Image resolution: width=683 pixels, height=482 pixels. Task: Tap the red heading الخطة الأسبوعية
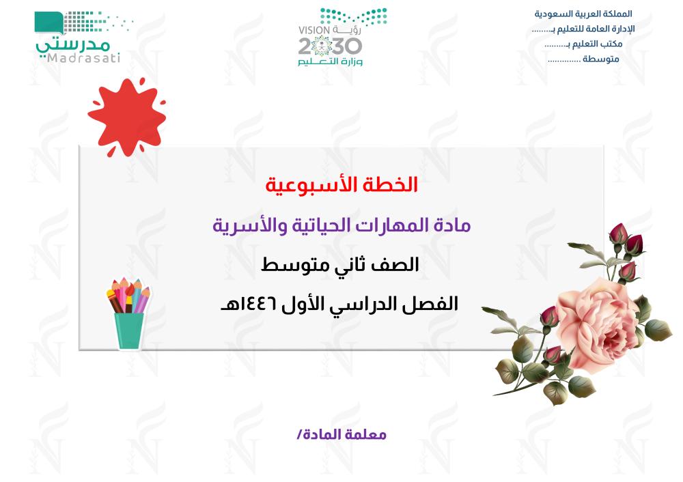(341, 185)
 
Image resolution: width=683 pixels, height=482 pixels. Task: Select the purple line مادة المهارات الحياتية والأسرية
(341, 225)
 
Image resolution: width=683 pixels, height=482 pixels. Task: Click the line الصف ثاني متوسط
(340, 265)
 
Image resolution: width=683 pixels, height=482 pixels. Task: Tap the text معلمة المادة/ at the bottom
(341, 434)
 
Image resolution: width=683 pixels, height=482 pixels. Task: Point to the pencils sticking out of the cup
(128, 296)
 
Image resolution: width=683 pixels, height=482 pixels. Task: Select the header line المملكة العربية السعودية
(583, 14)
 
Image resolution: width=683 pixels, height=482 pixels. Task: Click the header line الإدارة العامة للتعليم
(583, 29)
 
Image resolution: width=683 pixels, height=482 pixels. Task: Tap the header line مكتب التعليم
(583, 44)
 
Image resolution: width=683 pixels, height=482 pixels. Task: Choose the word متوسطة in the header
(601, 59)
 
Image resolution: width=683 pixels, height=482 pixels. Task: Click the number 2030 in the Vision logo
(330, 46)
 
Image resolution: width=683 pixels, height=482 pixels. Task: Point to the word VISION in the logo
(314, 31)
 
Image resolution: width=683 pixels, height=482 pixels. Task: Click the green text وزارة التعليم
(330, 62)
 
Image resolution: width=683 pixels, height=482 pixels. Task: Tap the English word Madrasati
(83, 58)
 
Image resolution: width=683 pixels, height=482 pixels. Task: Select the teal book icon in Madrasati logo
(48, 23)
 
